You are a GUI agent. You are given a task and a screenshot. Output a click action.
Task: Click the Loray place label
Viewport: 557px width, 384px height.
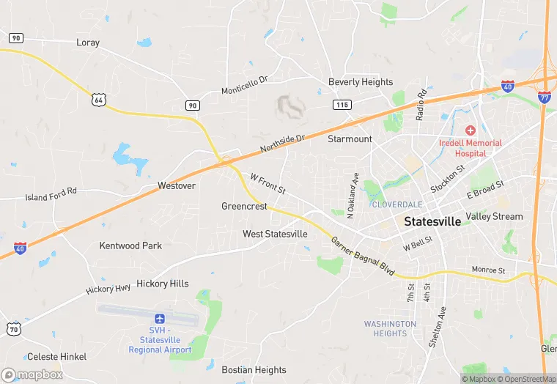[x=87, y=43]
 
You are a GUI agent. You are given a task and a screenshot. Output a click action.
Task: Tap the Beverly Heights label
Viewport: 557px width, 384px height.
[x=361, y=82]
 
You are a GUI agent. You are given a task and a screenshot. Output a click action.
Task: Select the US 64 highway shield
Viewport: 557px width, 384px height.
[x=99, y=97]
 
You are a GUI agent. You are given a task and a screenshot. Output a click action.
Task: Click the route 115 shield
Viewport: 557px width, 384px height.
[x=341, y=105]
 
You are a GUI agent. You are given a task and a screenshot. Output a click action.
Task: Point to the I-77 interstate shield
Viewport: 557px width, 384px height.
[x=544, y=96]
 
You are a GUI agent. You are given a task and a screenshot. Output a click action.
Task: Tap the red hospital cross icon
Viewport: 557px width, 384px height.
[x=470, y=130]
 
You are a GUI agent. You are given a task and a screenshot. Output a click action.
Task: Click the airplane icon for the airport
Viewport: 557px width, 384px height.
[x=160, y=319]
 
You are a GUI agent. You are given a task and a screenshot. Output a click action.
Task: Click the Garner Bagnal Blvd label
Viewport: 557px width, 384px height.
[x=362, y=256]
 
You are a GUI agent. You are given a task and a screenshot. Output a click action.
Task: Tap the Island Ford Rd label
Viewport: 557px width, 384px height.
[x=51, y=194]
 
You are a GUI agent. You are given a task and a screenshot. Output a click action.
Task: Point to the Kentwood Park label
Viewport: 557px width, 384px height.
[x=130, y=245]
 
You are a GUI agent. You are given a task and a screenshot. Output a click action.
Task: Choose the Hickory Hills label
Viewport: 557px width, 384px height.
[x=162, y=284]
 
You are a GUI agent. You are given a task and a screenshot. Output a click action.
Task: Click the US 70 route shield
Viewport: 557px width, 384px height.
[x=12, y=328]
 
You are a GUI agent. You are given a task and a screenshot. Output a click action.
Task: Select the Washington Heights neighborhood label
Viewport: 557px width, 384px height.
[x=390, y=328]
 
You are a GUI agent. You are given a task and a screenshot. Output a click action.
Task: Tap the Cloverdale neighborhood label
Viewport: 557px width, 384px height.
[x=396, y=204]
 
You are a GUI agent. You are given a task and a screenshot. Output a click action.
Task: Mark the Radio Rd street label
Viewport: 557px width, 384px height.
[x=421, y=105]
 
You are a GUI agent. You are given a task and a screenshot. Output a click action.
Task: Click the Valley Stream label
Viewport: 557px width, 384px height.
[x=495, y=216]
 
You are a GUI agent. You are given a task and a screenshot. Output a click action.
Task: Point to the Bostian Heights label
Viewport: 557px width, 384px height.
[x=254, y=370]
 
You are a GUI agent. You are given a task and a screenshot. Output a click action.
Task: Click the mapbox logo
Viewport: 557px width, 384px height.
[x=32, y=374]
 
